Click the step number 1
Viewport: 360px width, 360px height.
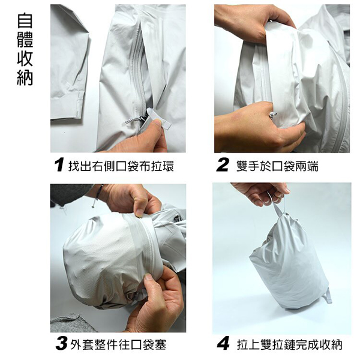click(x=59, y=165)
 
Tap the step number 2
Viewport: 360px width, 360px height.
click(x=223, y=165)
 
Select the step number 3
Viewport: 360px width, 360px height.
click(x=61, y=344)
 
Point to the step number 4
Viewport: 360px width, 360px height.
click(x=223, y=344)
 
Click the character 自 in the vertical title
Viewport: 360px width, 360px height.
click(x=25, y=21)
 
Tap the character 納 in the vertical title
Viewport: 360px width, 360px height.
click(x=25, y=77)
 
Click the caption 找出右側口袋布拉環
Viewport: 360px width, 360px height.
click(x=121, y=166)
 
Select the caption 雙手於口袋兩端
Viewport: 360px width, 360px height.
click(x=277, y=166)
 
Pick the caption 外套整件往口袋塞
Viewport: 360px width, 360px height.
click(x=118, y=344)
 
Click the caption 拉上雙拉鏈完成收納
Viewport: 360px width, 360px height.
click(x=290, y=344)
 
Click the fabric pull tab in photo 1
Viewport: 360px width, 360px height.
click(x=160, y=119)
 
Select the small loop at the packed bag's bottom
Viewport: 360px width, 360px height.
click(x=327, y=296)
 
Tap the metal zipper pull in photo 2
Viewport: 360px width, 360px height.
click(x=273, y=115)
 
